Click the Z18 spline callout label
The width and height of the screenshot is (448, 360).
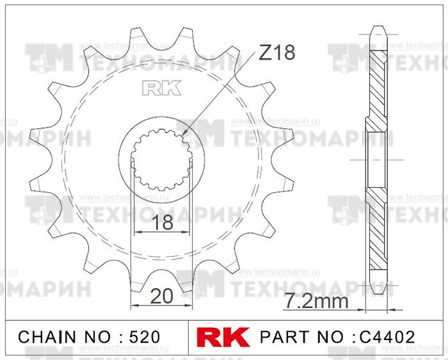coord(276,53)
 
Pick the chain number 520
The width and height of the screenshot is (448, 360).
coord(140,336)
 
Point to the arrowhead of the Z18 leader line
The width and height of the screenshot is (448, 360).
coord(185,135)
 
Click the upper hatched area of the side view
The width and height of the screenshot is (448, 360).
coord(378,83)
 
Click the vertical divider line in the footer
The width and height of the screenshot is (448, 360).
coord(189,336)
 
